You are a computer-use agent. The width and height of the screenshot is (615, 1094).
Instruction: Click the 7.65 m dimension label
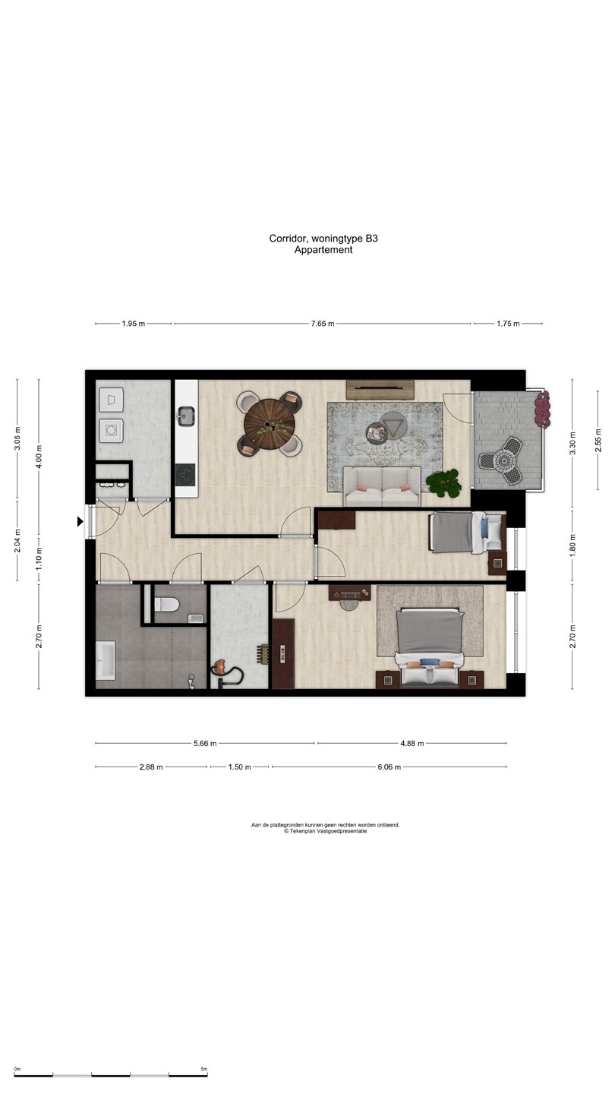coord(323,324)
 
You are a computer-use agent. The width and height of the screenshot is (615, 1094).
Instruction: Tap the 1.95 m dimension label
coord(134,324)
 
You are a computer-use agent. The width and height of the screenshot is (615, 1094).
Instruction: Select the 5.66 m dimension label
coord(205,743)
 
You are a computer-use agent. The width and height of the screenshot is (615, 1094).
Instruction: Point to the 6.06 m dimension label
coord(389,767)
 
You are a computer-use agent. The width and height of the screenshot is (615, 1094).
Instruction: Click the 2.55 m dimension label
coord(598,440)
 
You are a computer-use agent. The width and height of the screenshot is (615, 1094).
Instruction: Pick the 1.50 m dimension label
coord(240,767)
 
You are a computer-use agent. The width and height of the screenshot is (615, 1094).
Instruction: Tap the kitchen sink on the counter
coord(186,416)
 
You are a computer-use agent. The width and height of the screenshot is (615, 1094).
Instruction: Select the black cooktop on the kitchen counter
coord(185,475)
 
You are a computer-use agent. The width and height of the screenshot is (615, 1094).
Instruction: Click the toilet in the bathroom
coord(166,605)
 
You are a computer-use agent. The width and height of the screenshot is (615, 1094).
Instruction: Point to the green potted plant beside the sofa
coord(443,483)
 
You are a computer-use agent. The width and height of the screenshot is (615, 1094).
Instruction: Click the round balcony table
coord(503,460)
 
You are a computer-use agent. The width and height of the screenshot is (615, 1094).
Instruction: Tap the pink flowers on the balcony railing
coord(542,409)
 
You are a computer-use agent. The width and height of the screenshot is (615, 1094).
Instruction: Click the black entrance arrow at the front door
coord(80,522)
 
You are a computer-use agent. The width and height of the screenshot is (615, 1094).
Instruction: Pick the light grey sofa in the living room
coord(382,486)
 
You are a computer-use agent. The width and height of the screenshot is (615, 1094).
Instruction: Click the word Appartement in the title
coord(323,250)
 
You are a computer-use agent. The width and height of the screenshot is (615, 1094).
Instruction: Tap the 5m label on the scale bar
coord(204,1069)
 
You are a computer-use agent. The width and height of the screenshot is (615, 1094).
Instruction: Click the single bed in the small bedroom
coord(467,533)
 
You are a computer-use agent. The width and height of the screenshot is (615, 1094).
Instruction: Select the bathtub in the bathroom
coord(106,660)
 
